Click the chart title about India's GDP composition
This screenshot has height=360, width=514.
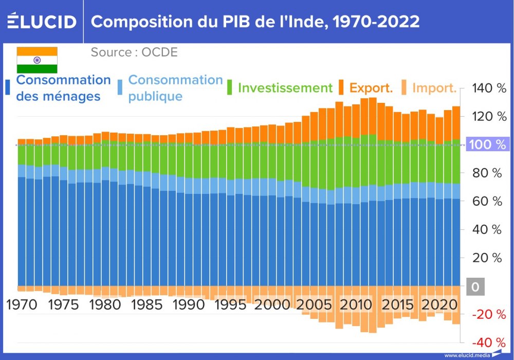(x=255, y=22)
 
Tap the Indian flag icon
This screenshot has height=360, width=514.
(x=37, y=60)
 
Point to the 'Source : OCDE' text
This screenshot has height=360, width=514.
(x=134, y=52)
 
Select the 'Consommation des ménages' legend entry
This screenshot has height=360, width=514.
(x=63, y=88)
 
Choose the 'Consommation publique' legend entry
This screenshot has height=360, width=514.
(x=175, y=88)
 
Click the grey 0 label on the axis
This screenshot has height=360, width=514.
(x=475, y=286)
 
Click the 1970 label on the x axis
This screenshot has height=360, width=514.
(x=22, y=304)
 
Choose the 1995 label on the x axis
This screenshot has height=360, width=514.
(x=230, y=304)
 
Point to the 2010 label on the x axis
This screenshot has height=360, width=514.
(x=355, y=304)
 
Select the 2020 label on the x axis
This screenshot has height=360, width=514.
(x=438, y=304)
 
